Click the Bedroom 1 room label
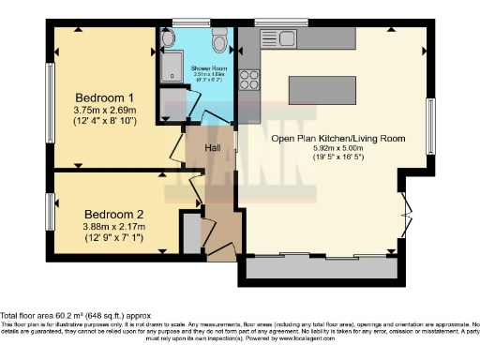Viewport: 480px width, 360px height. pos(105,97)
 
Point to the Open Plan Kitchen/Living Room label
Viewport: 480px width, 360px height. pos(337,139)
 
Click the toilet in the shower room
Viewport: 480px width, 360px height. pos(219,41)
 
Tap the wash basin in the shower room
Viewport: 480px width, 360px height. pos(168,38)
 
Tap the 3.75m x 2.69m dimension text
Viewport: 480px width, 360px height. pos(105,111)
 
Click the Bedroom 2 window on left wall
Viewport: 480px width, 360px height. pos(52,206)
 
